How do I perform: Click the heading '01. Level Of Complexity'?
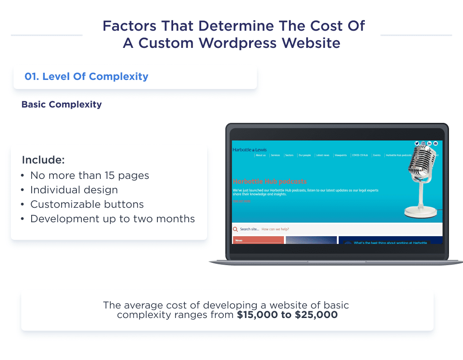86,76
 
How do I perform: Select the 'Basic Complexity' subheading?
61,104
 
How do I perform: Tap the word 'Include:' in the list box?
43,160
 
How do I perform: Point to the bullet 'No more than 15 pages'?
90,175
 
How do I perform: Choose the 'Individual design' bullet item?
74,190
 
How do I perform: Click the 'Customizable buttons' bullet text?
87,204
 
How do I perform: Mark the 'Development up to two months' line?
113,219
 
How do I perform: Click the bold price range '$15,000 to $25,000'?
287,315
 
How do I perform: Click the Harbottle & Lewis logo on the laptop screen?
250,150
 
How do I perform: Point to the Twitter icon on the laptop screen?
417,143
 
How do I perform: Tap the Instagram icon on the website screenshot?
423,143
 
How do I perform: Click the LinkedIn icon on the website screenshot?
430,143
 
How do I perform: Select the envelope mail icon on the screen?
435,143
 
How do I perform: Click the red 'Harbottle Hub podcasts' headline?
269,182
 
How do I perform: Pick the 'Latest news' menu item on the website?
322,155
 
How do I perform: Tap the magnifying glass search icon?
236,229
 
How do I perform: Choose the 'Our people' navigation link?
304,155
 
